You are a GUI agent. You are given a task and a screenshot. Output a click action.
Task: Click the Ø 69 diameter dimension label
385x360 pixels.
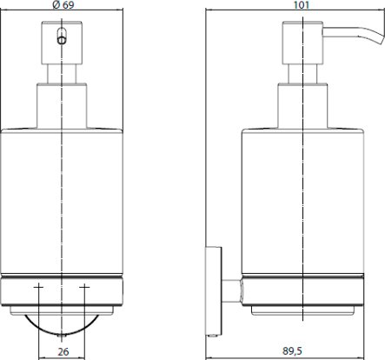(63, 5)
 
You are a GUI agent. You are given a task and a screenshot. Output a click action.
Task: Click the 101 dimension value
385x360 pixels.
(302, 5)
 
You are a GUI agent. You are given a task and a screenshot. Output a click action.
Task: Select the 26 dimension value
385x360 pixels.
(63, 352)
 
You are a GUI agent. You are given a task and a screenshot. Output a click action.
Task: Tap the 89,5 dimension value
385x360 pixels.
(292, 351)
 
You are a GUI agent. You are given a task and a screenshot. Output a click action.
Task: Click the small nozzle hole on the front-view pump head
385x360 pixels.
(62, 40)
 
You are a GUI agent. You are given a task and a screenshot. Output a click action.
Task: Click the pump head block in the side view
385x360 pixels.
(302, 43)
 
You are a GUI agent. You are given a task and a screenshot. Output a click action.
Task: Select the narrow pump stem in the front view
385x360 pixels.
(62, 74)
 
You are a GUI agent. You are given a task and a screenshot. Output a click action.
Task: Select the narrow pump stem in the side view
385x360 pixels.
(302, 74)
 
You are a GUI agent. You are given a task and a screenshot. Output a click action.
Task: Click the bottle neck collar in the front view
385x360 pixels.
(62, 106)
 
